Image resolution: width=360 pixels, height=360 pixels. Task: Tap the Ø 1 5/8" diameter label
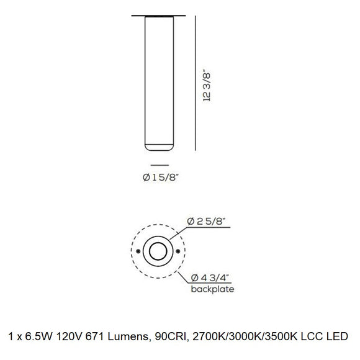161,178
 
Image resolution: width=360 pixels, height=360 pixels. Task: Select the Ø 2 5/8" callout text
206,222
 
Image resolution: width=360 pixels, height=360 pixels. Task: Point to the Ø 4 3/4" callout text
210,278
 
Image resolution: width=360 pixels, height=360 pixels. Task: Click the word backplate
213,289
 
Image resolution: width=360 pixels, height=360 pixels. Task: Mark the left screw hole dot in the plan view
138,251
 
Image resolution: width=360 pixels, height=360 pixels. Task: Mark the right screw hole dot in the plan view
178,251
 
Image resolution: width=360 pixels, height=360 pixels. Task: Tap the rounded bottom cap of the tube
159,148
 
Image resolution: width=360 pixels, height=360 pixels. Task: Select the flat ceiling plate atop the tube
158,16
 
